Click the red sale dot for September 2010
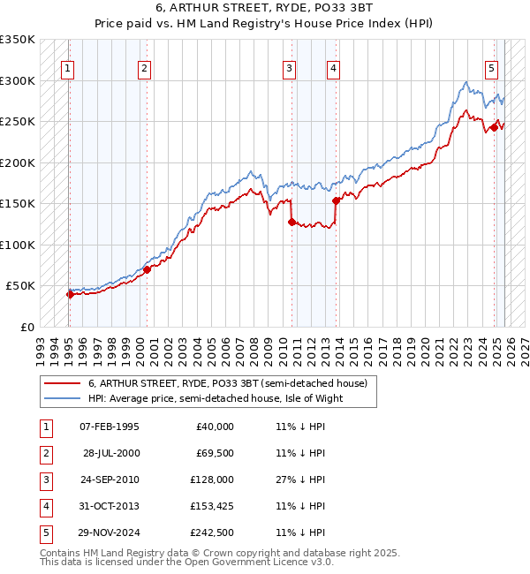point(291,223)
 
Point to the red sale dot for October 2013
point(336,200)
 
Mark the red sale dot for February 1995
point(70,294)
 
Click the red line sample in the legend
point(62,383)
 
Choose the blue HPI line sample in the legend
point(62,398)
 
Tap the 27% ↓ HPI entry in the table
point(300,480)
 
